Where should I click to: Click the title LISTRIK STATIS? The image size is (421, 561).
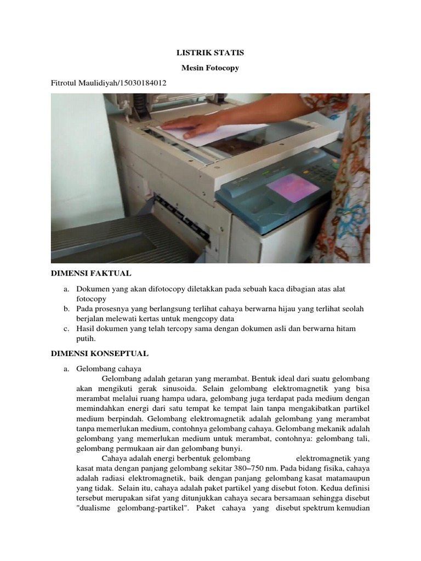210,53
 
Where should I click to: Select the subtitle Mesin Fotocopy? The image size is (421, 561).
210,68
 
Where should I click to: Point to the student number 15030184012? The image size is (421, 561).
139,83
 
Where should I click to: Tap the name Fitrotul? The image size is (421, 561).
65,83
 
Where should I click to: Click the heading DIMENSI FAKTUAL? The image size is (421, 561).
91,273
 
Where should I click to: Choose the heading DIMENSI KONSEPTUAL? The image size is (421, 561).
100,354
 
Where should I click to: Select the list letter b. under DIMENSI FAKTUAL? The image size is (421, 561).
66,309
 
